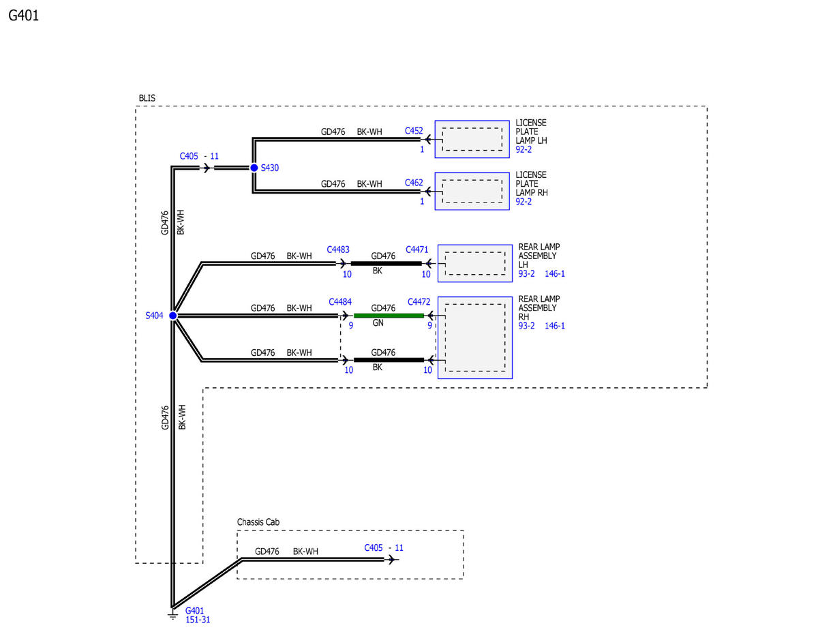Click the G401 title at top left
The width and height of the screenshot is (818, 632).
tap(23, 16)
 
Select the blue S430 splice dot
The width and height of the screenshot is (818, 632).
tap(254, 168)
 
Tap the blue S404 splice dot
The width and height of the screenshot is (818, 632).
tap(172, 316)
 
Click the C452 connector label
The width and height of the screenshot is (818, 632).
tap(414, 131)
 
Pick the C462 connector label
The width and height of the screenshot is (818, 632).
tap(414, 183)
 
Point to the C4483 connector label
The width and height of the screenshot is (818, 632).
tap(338, 250)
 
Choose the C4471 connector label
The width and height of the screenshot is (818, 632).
tap(416, 250)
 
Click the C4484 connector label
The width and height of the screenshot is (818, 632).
tap(340, 302)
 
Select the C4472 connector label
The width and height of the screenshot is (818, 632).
tap(419, 302)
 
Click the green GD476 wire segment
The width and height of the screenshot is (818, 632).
tap(389, 316)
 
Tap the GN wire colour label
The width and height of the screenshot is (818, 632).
tap(378, 323)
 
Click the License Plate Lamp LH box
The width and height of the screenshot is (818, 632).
tap(472, 139)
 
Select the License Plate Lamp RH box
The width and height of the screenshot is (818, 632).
tap(472, 191)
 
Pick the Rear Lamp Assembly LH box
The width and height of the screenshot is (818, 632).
tap(475, 263)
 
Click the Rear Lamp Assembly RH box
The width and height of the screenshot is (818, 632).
tap(475, 337)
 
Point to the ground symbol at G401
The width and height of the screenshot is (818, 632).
tap(172, 616)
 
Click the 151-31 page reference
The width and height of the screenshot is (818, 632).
tap(198, 620)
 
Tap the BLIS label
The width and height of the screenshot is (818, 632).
tap(147, 98)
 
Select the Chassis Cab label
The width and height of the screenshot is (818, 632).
tap(258, 522)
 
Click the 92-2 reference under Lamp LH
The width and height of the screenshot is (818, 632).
tap(524, 149)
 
